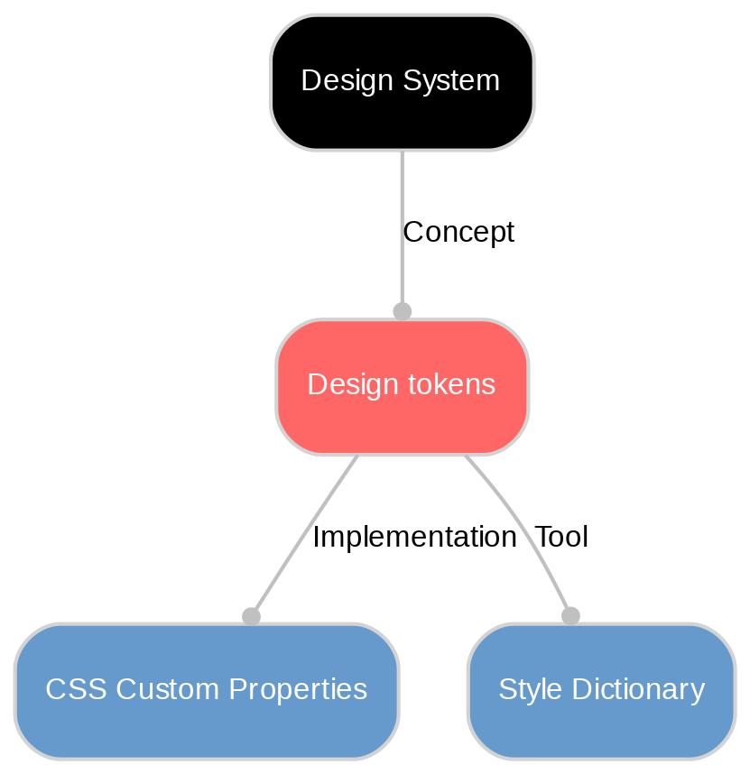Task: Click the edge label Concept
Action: coord(458,233)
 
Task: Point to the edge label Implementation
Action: coord(413,538)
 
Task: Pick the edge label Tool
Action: coord(561,538)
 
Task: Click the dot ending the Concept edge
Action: coord(402,311)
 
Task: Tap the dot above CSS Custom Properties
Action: coord(251,616)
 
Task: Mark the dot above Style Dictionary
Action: coord(570,616)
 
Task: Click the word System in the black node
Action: coord(451,81)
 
